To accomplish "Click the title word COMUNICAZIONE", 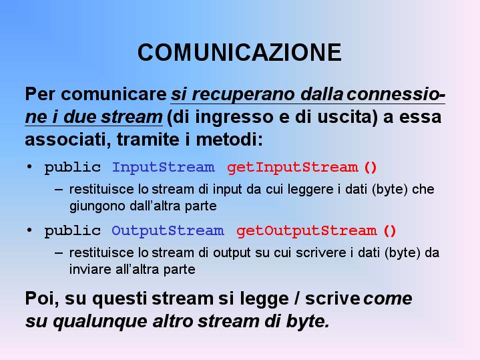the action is pos(240,52).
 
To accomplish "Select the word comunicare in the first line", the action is pos(113,94).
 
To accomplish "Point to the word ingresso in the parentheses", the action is pos(234,118).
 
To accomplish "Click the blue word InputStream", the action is pos(163,168).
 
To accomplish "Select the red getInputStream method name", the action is pos(292,168).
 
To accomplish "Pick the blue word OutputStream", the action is pos(168,230).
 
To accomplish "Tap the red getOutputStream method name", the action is pos(306,231).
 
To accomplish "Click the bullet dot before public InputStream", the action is pos(29,167).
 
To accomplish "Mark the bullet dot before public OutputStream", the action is pos(29,230).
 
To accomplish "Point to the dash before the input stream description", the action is pos(59,190).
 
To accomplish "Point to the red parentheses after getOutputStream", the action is pos(390,231).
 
